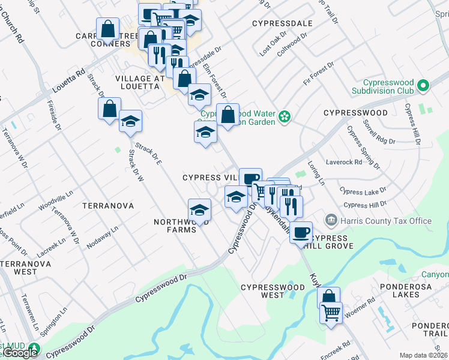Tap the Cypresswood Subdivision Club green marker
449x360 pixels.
coord(424,86)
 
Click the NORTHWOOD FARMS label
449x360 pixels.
coord(175,226)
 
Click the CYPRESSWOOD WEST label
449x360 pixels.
coord(273,291)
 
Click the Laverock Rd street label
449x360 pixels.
coord(344,162)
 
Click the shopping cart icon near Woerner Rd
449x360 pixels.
coord(331,313)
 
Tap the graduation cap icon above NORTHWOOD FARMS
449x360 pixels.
coord(199,210)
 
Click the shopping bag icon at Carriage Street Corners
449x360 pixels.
coord(108,29)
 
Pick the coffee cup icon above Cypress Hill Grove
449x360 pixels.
coord(301,232)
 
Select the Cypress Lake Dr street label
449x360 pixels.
coord(363,192)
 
